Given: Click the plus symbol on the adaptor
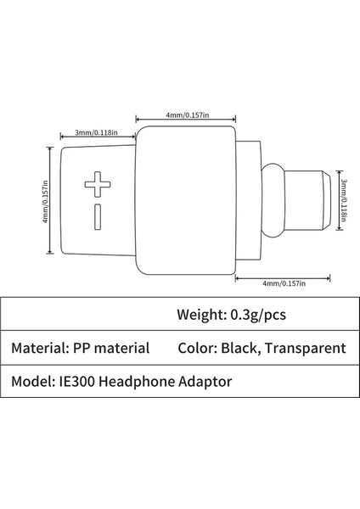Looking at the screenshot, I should click(97, 183).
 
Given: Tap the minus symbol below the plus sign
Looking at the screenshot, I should click(97, 215).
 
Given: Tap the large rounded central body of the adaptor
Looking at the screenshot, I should click(187, 202).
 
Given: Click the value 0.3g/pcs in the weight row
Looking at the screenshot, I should click(261, 315).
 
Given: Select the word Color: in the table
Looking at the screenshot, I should click(200, 348).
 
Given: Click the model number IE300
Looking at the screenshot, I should click(77, 382).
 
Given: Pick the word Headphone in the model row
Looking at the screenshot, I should click(140, 382).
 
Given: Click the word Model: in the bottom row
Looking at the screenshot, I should click(32, 382).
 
